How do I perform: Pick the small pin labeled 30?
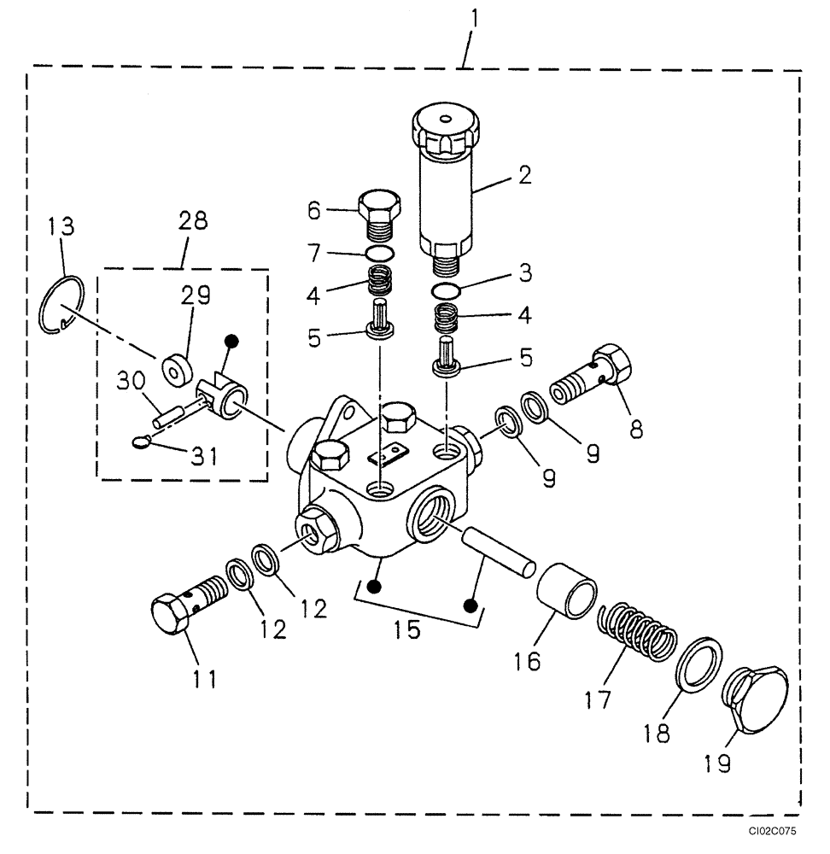pyautogui.click(x=169, y=418)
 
